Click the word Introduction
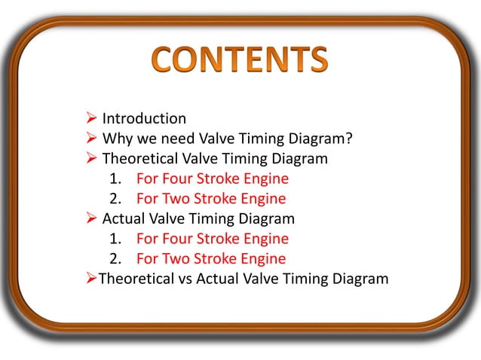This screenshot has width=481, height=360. coord(144,118)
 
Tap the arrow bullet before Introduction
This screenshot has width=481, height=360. coord(90,118)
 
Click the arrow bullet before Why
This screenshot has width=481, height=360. coord(90,139)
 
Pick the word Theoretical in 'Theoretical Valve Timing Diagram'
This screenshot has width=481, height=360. coord(140,159)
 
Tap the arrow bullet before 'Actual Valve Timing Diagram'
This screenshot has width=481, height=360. coord(90,219)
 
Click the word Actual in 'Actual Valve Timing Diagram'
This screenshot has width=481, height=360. coord(124,219)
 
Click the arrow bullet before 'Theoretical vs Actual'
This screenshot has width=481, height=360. coord(87,279)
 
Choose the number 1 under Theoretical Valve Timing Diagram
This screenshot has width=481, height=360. coord(114,179)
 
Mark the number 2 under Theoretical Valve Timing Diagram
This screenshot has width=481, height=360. coord(114,200)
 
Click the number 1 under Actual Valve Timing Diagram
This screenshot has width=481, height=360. coord(114,239)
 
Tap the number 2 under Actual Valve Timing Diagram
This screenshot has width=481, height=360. coord(114,259)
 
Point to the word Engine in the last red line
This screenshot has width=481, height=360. coord(264,259)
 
